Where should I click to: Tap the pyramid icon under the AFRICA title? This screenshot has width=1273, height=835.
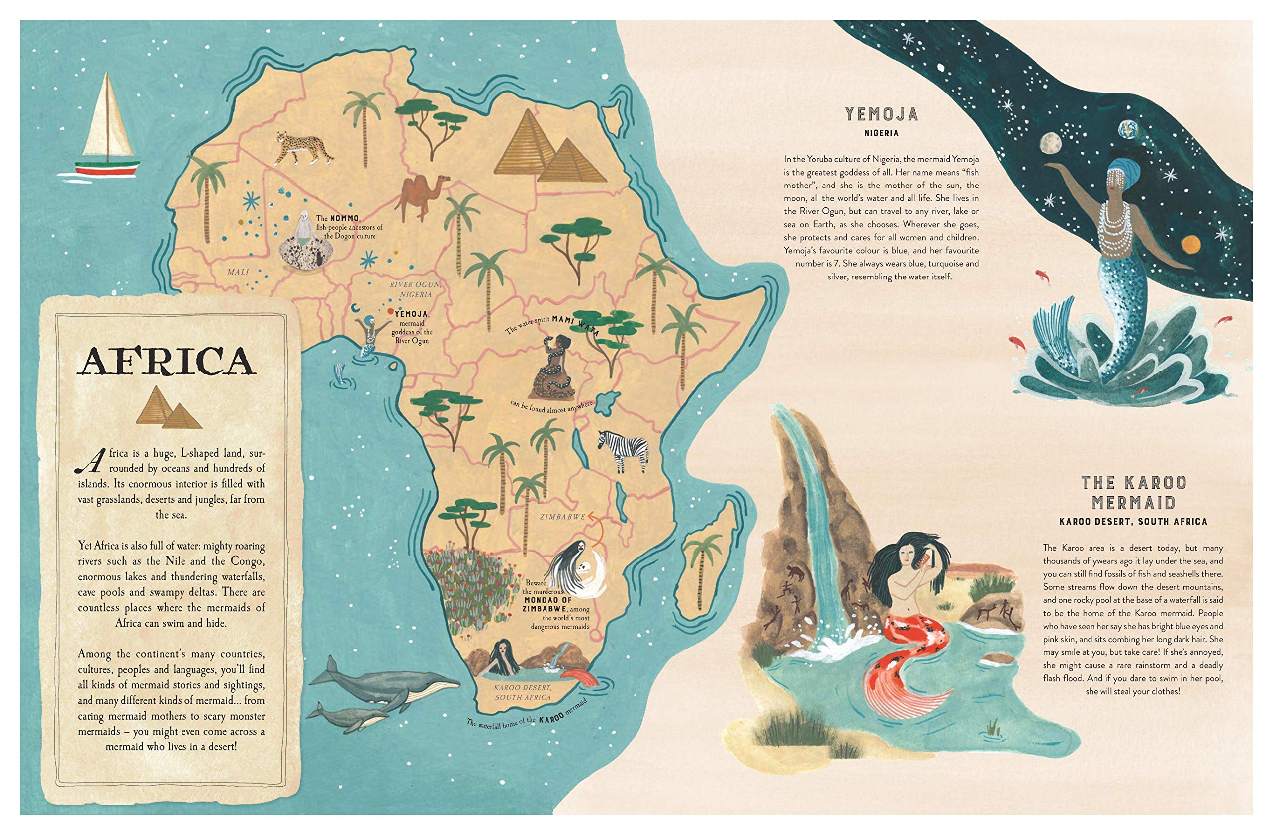coord(168,409)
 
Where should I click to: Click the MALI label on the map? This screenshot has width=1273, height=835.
coord(238,272)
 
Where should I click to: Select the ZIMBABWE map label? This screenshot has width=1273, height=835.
coord(562,517)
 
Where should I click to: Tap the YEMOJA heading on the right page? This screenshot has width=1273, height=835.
coord(882,114)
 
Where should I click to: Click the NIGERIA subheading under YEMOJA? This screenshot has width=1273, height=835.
coord(882,133)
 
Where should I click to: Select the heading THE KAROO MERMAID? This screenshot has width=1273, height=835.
coord(1133,493)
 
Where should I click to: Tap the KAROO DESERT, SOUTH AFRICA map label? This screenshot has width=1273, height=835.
coord(523,692)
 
